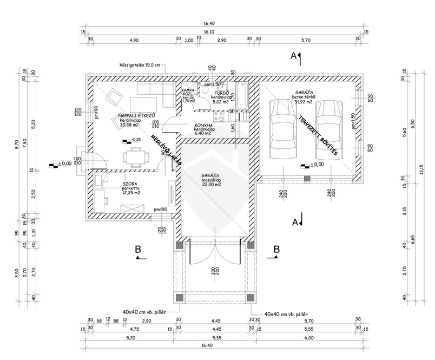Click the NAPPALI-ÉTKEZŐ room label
pyautogui.click(x=137, y=116)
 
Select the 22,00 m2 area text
pyautogui.click(x=211, y=185)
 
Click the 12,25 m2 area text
pyautogui.click(x=131, y=193)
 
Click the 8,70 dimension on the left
pyautogui.click(x=17, y=143)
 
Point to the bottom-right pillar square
pyautogui.click(x=250, y=297)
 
